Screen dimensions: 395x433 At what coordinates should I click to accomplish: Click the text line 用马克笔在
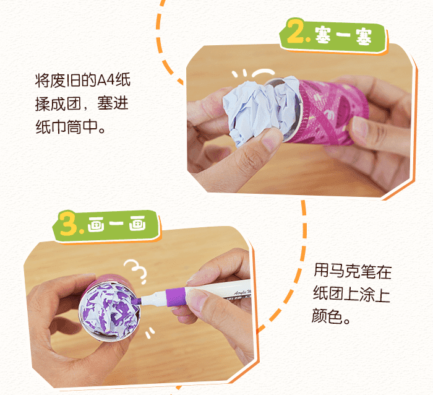click(353, 272)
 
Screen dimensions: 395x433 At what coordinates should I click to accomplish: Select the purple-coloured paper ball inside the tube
click(111, 305)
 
